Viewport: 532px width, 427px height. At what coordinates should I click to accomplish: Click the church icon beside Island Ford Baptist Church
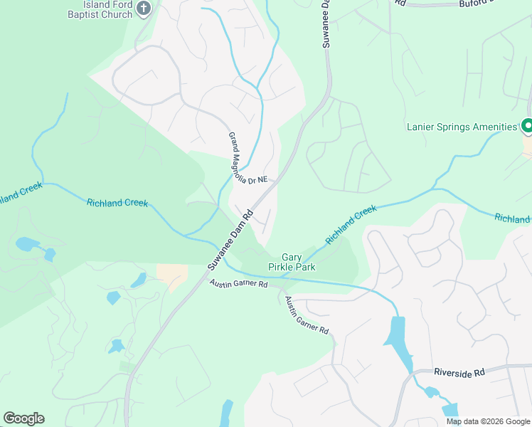coord(144,9)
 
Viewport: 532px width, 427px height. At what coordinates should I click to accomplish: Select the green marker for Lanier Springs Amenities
coord(527,127)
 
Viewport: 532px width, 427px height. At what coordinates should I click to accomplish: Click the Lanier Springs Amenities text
coord(461,127)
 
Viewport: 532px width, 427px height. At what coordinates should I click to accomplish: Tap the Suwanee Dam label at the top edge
coord(326,23)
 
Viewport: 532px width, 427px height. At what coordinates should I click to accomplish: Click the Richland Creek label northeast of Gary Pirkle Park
coord(350,225)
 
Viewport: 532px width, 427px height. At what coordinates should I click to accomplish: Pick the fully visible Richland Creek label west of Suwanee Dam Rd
coord(117,203)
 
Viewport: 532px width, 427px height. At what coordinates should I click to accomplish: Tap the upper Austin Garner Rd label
coord(238,284)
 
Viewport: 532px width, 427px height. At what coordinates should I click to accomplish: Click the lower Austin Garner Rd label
coord(307,316)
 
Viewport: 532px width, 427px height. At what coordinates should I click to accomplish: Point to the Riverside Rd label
coord(459,372)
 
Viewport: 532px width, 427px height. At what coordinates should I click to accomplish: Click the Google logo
coord(23,418)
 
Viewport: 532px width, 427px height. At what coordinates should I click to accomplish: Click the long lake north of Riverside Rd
coord(397,338)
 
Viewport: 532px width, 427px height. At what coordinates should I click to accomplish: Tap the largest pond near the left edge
coord(27,245)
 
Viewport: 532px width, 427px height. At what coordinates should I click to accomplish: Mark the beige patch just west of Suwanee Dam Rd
coord(172,275)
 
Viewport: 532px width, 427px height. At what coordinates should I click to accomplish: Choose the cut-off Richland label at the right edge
coord(513,218)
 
